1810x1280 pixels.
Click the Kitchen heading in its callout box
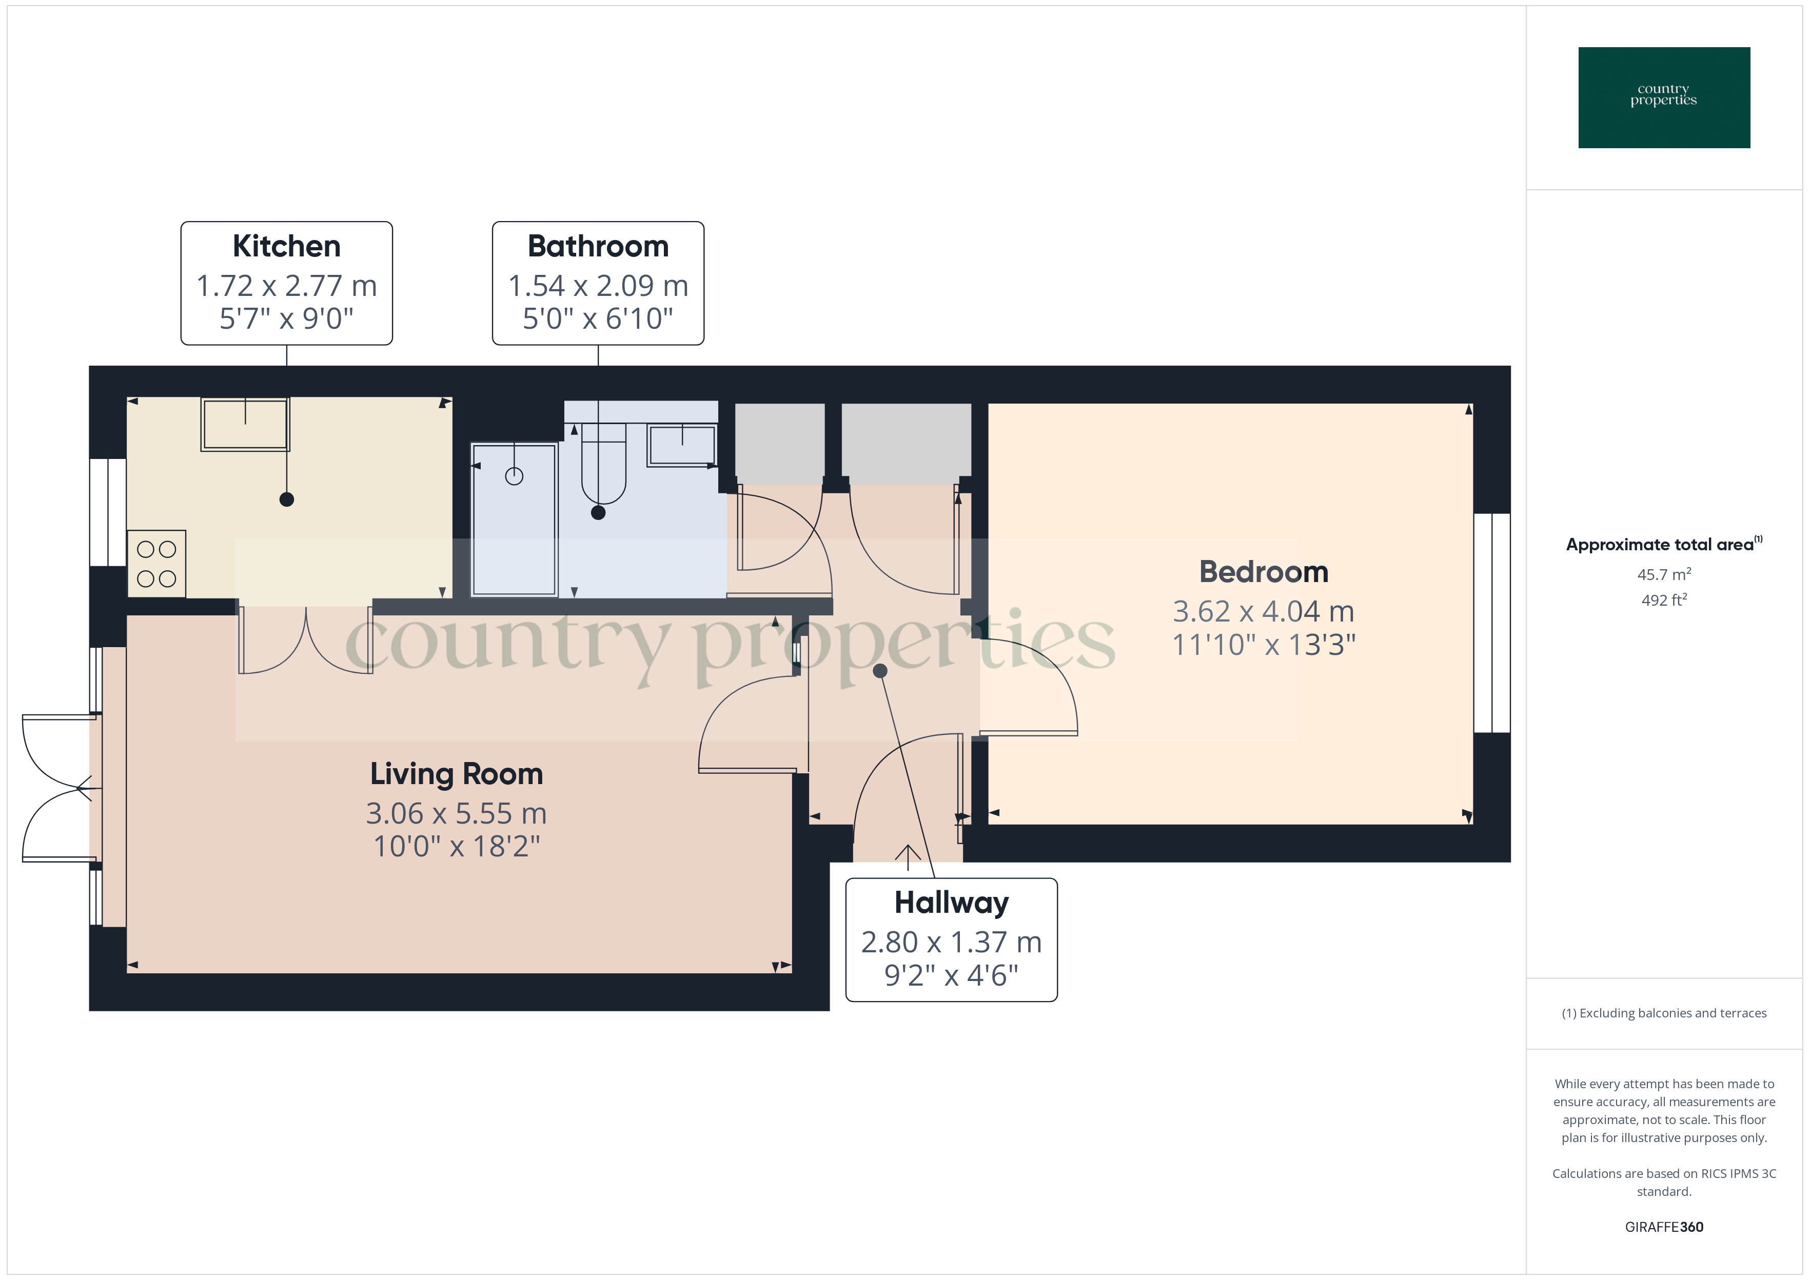tap(286, 247)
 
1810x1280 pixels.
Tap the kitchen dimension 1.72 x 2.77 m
tap(286, 285)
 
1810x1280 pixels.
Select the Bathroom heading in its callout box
tap(598, 247)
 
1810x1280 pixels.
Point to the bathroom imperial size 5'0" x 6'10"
tap(598, 319)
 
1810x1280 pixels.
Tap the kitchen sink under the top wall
tap(245, 424)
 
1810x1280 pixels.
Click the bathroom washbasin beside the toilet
tap(682, 445)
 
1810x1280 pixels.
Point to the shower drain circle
tap(514, 476)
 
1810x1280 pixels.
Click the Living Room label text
tap(457, 774)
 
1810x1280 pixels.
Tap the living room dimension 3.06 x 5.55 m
tap(457, 813)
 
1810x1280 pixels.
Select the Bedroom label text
tap(1263, 572)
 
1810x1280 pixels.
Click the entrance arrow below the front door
tap(908, 857)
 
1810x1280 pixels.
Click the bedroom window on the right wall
tap(1491, 623)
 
